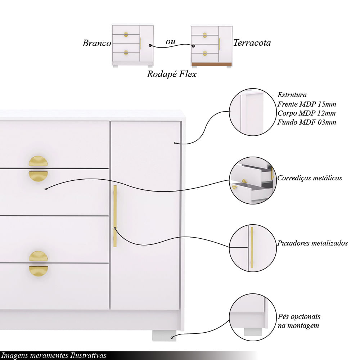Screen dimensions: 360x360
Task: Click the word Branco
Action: [x=96, y=43]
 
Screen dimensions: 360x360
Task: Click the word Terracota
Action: [x=252, y=43]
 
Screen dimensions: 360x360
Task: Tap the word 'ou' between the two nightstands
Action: [x=170, y=41]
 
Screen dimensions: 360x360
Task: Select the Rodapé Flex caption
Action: [x=172, y=74]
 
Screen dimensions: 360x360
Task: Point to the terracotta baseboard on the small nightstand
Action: [x=211, y=64]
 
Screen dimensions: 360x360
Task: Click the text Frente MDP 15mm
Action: [x=306, y=104]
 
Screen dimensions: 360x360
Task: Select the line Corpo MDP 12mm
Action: [x=306, y=113]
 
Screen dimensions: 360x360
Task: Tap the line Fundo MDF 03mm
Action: [x=306, y=122]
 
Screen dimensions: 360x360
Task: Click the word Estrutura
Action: [x=292, y=95]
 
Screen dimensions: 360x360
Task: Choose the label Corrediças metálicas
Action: [x=310, y=178]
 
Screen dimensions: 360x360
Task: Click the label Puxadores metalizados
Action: [x=312, y=243]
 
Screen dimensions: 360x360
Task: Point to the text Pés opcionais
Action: [x=299, y=316]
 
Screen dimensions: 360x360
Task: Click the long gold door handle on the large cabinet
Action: [x=115, y=216]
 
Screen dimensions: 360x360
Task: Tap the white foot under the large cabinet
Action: [x=164, y=336]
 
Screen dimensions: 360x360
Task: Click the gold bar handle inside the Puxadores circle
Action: [x=252, y=248]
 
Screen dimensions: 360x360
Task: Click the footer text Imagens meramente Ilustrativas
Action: [x=54, y=355]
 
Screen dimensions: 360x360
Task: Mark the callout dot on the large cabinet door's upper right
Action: [x=175, y=143]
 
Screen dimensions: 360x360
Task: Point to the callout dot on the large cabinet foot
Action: [x=171, y=338]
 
